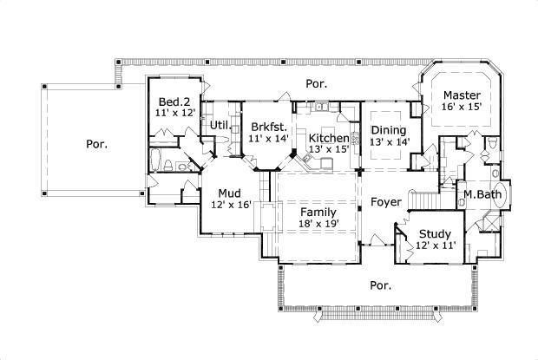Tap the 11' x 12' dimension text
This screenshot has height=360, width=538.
(175, 114)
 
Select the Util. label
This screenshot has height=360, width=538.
(219, 125)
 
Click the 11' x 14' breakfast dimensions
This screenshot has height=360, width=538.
(267, 139)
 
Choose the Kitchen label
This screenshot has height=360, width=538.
(329, 138)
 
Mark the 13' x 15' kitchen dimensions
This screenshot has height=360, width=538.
(329, 150)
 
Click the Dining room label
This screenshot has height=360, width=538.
(389, 129)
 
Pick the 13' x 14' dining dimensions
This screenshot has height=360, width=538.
(389, 141)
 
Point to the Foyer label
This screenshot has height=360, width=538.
(385, 202)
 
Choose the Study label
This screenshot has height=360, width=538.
(434, 233)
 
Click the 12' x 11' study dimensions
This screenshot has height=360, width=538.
(434, 245)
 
